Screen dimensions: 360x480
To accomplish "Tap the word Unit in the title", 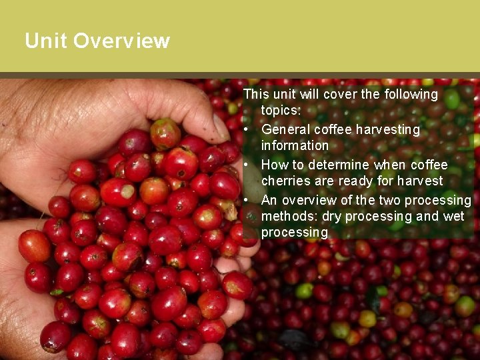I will pos(46,41).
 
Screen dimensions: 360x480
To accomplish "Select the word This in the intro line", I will pos(255,95).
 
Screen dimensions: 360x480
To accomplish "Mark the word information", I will pos(295,145).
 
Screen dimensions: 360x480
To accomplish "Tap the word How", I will pos(274,165).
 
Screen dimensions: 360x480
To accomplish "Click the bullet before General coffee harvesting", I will pos(247,129).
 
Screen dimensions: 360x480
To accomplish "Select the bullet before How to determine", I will pos(247,165).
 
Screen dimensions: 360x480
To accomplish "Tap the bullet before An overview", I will pos(247,200).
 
